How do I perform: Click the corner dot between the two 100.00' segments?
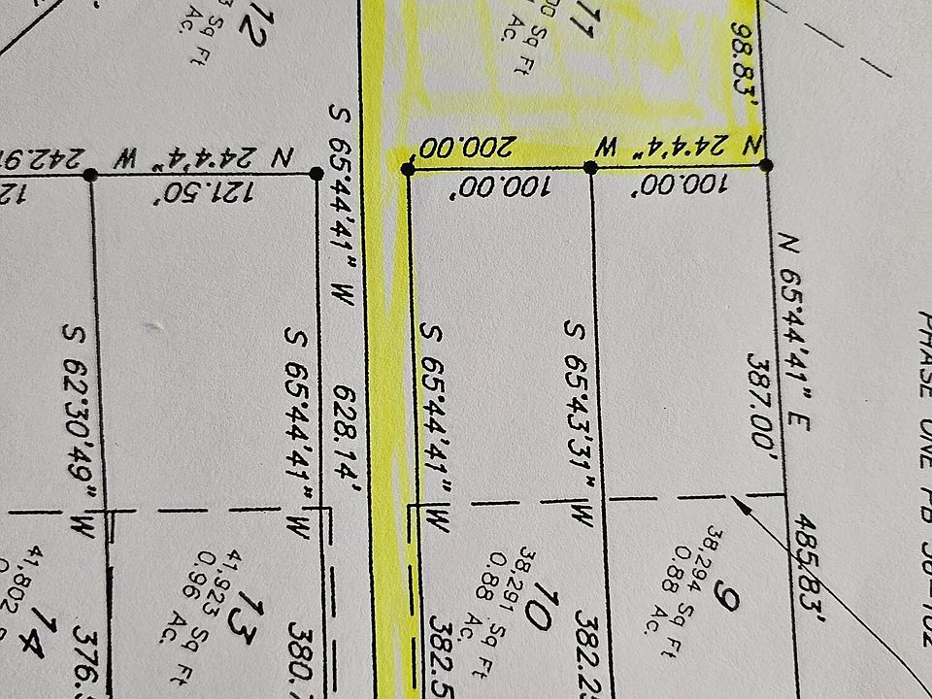point(591,167)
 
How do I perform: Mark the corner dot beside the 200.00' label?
point(408,169)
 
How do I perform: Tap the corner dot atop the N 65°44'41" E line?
point(766,166)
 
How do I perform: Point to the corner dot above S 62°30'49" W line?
point(90,175)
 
